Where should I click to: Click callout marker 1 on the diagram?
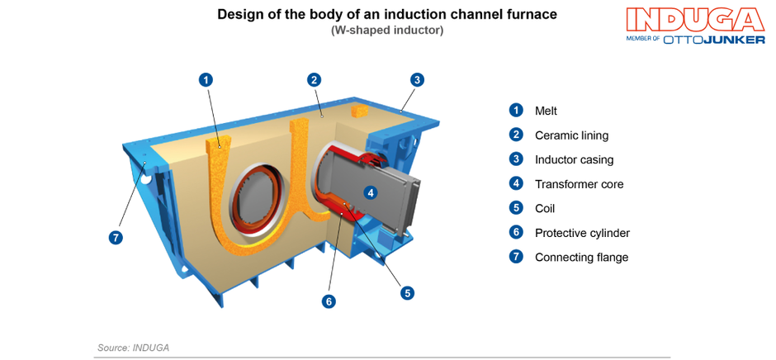point(206,80)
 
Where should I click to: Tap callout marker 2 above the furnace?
point(314,80)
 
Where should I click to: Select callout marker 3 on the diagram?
point(418,80)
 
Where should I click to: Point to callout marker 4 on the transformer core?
point(371,192)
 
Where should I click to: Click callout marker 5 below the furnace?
point(407,292)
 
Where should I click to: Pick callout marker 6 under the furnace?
point(329,301)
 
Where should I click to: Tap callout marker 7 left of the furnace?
point(116,238)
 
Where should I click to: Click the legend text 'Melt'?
point(546,111)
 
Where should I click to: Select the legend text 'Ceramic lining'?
point(571,135)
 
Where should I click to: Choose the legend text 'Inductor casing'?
point(574,159)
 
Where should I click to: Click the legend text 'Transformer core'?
point(579,184)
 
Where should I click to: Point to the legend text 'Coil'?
point(544,209)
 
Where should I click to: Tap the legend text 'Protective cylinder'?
point(582,233)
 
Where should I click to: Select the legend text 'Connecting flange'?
point(581,258)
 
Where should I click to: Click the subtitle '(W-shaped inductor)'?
point(387,31)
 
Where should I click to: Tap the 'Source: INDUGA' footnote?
point(133,348)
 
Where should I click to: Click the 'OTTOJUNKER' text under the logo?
point(714,39)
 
